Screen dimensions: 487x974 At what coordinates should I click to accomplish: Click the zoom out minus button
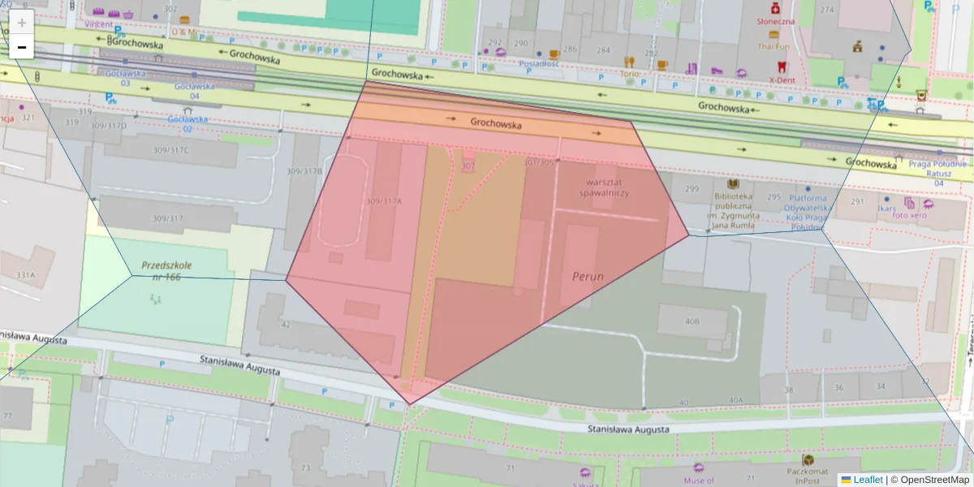pos(22,48)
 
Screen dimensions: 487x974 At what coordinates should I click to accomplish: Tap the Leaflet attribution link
pos(868,480)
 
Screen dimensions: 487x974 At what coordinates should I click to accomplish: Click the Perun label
pos(588,276)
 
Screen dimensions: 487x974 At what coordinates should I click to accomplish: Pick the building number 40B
pos(692,321)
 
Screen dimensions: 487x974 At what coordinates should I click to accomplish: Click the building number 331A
pos(25,275)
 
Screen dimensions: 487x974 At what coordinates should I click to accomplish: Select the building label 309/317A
pos(384,201)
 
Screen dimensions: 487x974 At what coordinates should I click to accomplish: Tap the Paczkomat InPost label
pos(807,475)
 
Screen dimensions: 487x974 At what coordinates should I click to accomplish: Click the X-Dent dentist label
pos(782,80)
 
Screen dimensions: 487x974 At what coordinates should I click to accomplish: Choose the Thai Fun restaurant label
pos(774,46)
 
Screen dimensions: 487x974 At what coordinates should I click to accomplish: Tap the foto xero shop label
pos(909,215)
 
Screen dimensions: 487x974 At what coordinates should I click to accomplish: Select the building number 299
pos(692,189)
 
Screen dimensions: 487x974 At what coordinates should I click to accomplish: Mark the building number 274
pos(827,10)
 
